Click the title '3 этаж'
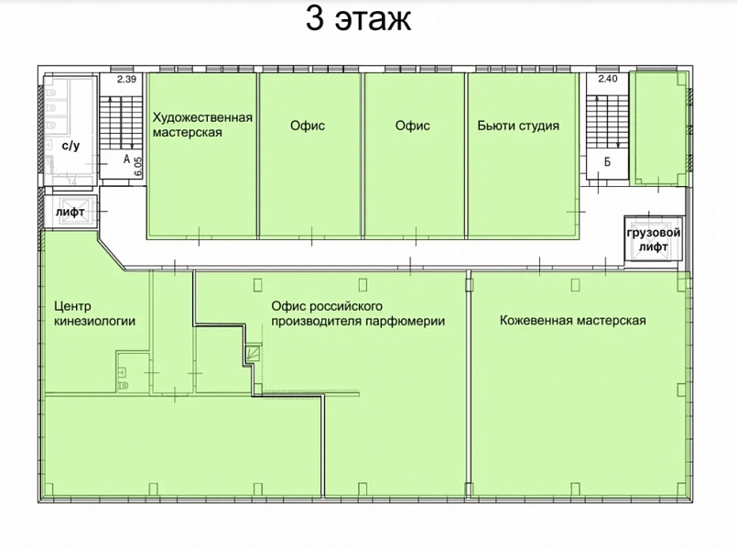tap(359, 19)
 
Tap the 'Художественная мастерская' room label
tap(202, 125)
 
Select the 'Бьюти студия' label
tap(518, 126)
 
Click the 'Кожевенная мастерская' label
tap(572, 321)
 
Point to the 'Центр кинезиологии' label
tap(94, 313)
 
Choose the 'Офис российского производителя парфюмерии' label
tap(358, 313)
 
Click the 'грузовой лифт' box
tap(654, 239)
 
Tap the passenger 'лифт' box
tap(70, 212)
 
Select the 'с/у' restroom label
tap(71, 146)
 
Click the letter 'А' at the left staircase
tap(126, 159)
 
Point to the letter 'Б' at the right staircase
tap(607, 162)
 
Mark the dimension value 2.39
tap(126, 79)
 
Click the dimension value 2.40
tap(608, 79)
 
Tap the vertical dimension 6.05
tap(137, 166)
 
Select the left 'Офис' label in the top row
tap(308, 126)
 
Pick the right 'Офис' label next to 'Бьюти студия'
tap(413, 126)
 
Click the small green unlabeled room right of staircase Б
tap(659, 127)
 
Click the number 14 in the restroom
tap(72, 181)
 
